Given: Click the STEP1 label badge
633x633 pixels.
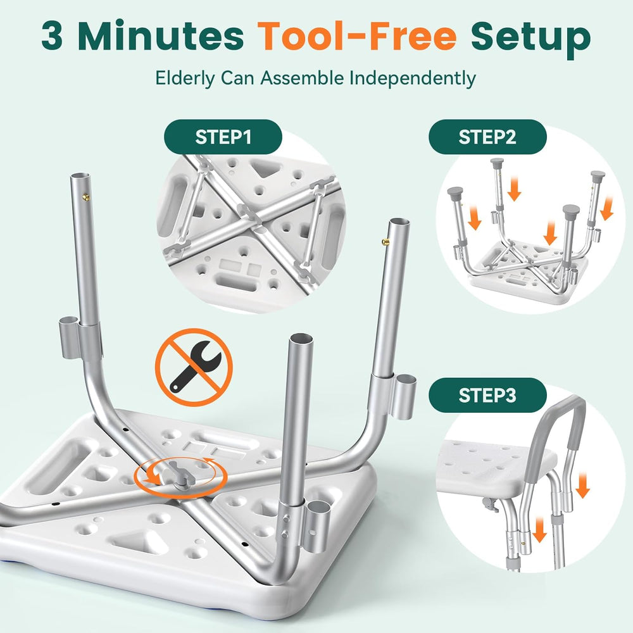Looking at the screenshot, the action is click(223, 137).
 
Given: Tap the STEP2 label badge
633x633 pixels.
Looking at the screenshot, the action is click(487, 137).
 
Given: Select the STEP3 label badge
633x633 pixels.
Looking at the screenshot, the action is click(487, 395).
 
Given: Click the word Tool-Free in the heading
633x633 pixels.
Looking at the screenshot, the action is click(357, 36).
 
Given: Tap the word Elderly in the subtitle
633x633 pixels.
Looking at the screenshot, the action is click(185, 78).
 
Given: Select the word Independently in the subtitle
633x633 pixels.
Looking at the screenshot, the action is click(412, 78).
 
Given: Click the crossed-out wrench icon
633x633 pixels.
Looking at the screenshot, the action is click(194, 367).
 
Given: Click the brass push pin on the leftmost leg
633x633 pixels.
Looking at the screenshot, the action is click(86, 197).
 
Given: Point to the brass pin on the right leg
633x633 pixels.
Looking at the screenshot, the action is click(385, 242).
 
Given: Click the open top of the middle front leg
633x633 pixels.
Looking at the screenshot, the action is click(301, 338).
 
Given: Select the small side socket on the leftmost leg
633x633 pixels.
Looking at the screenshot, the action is click(69, 337).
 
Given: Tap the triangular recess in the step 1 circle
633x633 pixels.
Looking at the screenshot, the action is click(265, 168).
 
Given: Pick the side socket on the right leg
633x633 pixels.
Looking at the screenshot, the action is click(405, 396).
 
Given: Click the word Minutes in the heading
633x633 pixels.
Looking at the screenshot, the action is click(161, 37).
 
